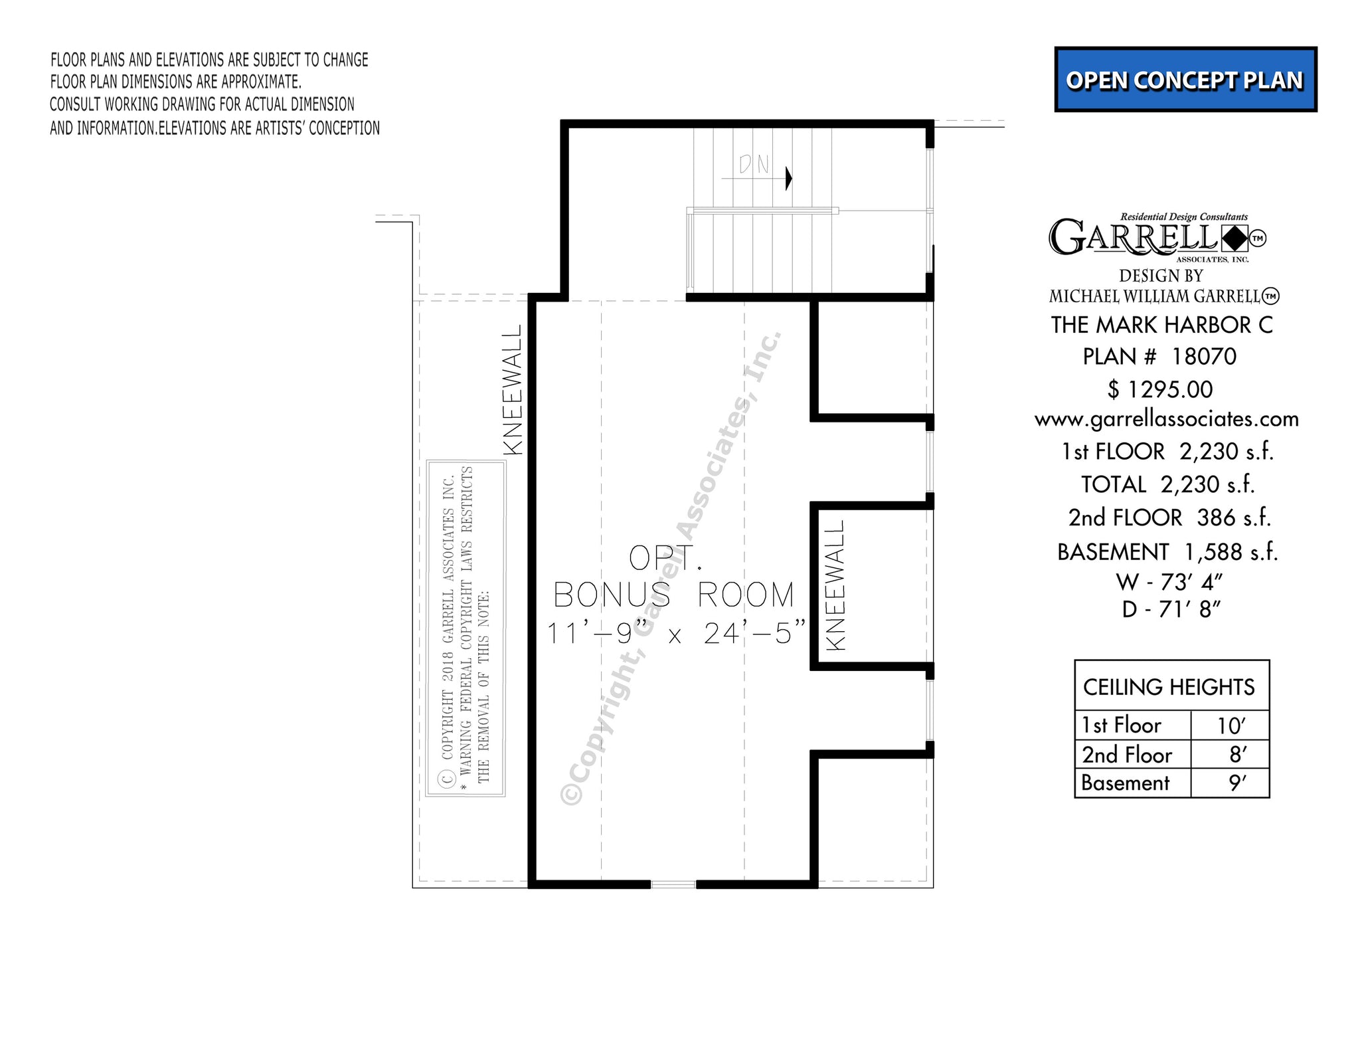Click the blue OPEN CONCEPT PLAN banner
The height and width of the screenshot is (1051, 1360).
pyautogui.click(x=1185, y=80)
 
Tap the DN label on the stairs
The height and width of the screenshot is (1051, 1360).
pyautogui.click(x=754, y=164)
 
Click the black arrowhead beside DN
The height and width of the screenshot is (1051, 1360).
pyautogui.click(x=789, y=178)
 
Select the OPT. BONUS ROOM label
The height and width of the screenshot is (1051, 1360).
pyautogui.click(x=673, y=577)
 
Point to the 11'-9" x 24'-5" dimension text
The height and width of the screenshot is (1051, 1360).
pyautogui.click(x=676, y=633)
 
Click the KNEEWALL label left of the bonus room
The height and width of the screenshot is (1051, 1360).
pyautogui.click(x=513, y=389)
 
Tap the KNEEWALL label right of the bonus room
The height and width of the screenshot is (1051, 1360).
pyautogui.click(x=835, y=585)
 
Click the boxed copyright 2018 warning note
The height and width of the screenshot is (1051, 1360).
pyautogui.click(x=466, y=628)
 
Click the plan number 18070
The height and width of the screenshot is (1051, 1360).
pyautogui.click(x=1204, y=357)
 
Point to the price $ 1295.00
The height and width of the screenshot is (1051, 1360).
pyautogui.click(x=1160, y=389)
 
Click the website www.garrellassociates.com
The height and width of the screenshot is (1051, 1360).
pyautogui.click(x=1167, y=419)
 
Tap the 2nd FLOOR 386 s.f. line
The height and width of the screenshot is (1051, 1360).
pyautogui.click(x=1169, y=518)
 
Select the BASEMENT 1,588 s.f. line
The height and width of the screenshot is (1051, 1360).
pyautogui.click(x=1167, y=552)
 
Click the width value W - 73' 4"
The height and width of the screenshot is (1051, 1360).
pyautogui.click(x=1169, y=582)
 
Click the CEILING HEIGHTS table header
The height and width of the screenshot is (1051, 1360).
pyautogui.click(x=1169, y=687)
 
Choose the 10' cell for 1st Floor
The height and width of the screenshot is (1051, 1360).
pyautogui.click(x=1231, y=725)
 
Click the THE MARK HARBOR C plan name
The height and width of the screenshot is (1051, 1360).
pyautogui.click(x=1162, y=325)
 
